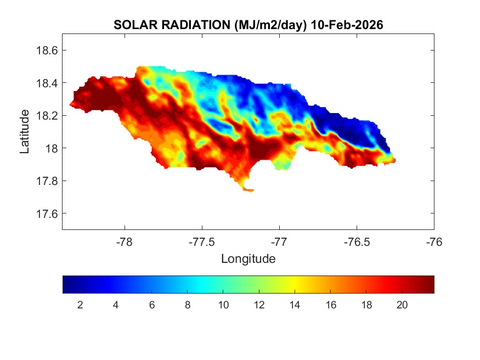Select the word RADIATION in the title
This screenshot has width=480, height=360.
click(x=186, y=25)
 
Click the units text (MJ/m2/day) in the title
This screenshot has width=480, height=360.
click(x=261, y=25)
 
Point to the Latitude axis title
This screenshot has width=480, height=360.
click(x=25, y=132)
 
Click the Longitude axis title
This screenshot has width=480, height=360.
click(x=248, y=258)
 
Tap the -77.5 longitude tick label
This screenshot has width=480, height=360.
click(x=202, y=241)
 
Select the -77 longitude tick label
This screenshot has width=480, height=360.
click(x=279, y=241)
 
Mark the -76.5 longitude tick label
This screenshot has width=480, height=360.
click(x=357, y=241)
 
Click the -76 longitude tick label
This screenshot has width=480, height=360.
click(x=434, y=241)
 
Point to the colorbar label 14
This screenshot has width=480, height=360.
click(x=295, y=306)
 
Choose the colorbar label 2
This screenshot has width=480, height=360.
click(x=80, y=306)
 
